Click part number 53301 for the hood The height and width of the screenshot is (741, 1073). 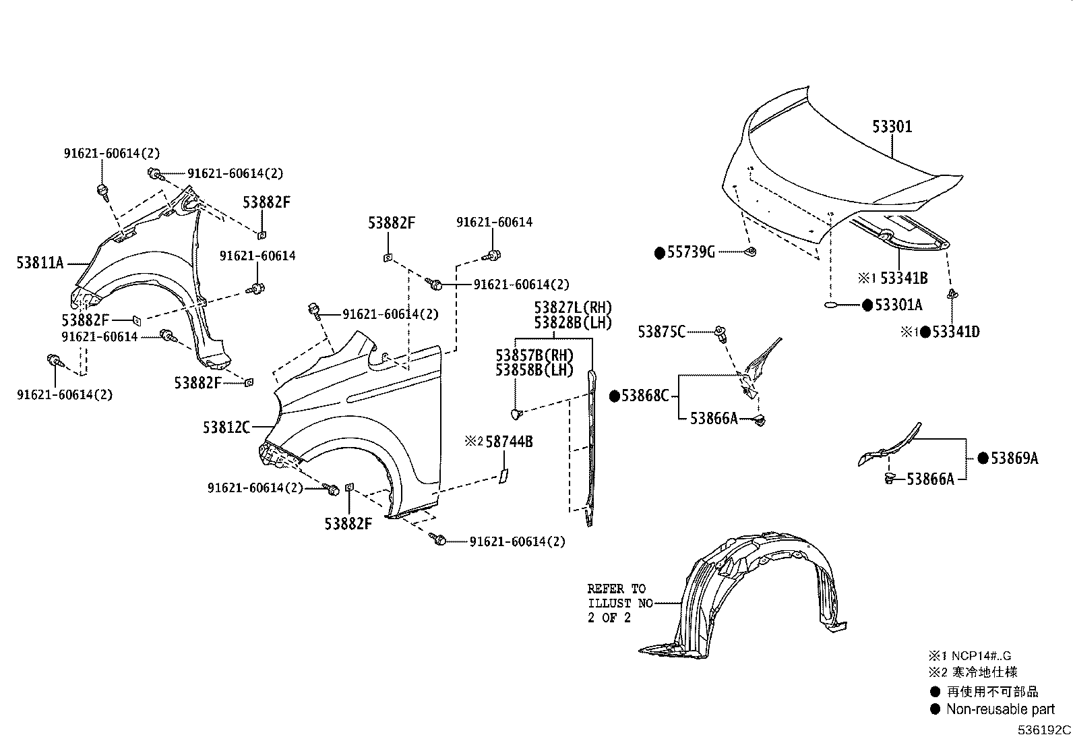pos(892,127)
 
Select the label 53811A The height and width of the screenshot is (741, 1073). pos(40,263)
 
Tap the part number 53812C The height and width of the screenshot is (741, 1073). pos(226,427)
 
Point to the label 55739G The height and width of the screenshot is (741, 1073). pos(691,252)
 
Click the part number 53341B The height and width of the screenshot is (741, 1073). pos(904,278)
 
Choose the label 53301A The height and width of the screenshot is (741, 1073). pos(898,305)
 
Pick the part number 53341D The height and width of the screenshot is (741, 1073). pos(956,332)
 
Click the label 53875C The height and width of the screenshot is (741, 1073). pos(662,332)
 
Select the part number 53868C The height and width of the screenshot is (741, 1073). pos(645,396)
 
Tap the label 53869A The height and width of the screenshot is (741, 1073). pos(1014,459)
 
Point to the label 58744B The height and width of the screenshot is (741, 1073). pos(510,442)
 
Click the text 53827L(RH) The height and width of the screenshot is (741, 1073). pos(573,309)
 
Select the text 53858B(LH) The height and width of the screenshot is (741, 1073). pos(534,369)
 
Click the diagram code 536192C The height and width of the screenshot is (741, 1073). pos(1044,730)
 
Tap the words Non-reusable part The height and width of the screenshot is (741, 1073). pos(1000,709)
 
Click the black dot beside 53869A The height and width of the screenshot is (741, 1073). pos(983,458)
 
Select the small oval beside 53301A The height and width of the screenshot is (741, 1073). pos(831,305)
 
